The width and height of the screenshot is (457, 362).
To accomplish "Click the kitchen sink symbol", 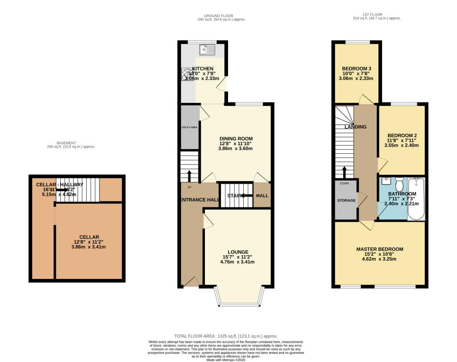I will click(x=208, y=49).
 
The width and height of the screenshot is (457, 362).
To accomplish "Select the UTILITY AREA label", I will click(x=189, y=127).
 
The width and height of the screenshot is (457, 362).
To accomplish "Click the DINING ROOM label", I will click(x=236, y=139).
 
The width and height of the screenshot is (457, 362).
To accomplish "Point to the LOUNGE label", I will click(x=237, y=252).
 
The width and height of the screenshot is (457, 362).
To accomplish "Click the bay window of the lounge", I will click(x=240, y=304).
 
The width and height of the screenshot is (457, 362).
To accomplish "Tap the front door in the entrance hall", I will click(x=191, y=282).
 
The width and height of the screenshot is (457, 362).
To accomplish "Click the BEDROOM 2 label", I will click(x=402, y=135).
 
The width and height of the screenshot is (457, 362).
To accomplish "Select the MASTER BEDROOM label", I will click(x=379, y=249).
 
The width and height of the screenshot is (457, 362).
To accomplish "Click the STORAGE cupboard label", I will click(x=346, y=200).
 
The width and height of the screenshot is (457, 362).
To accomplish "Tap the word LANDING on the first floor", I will click(x=355, y=127).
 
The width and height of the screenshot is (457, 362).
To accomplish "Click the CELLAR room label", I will click(x=89, y=237).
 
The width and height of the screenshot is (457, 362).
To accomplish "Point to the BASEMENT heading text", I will click(x=71, y=143).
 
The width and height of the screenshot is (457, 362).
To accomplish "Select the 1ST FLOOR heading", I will click(x=377, y=15).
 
